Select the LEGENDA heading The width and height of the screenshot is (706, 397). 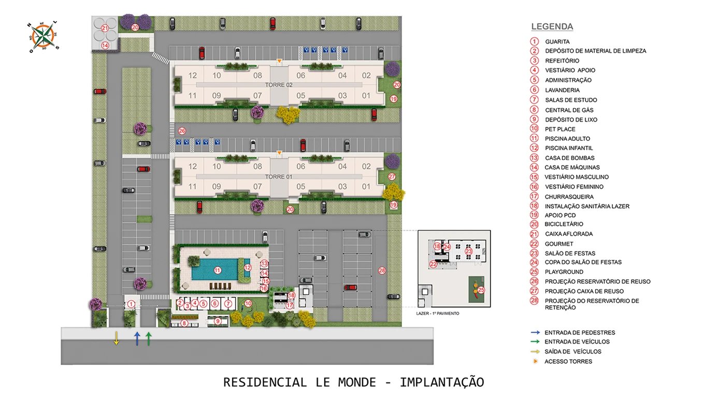coord(552,27)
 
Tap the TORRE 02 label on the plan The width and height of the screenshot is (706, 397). coord(279,84)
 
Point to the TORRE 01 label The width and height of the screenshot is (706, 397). coord(279,177)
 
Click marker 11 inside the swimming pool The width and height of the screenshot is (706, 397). coord(218,270)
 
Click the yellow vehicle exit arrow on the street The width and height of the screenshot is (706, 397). coord(117,339)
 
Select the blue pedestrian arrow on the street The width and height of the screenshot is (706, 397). coord(137,339)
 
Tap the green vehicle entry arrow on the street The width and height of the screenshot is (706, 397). coord(149,339)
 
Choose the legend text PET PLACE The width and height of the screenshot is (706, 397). coord(560,129)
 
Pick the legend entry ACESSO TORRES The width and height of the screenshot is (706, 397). coord(568,361)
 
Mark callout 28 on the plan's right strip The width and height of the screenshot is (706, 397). coord(382,270)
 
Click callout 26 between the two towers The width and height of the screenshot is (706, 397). coord(181,131)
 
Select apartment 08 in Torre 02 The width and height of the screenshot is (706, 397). coord(257,76)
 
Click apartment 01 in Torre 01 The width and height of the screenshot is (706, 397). coord(366,187)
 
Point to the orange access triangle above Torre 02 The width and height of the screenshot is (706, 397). coord(279,62)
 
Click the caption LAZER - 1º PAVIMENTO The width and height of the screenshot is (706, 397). coord(438,314)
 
